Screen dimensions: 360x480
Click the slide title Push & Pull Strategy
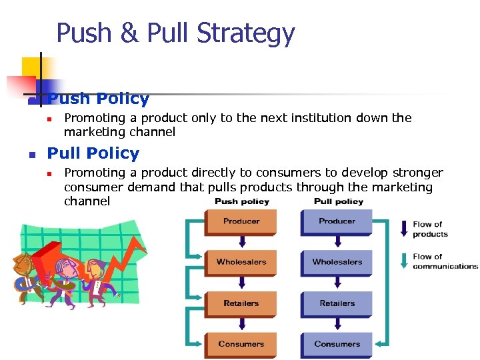click(175, 33)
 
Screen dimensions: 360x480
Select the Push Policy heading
click(99, 99)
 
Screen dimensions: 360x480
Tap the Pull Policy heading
click(93, 153)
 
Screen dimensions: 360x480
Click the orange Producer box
click(241, 222)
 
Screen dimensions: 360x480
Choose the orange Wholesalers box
click(241, 263)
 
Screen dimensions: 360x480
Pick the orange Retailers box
click(241, 304)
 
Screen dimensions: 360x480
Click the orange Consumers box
click(241, 345)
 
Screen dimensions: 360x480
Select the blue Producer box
click(337, 222)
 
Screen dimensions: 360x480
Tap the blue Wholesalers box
click(337, 263)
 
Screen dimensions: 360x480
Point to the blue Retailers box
click(337, 304)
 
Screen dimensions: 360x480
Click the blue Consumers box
click(337, 345)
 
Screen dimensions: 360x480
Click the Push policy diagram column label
click(241, 201)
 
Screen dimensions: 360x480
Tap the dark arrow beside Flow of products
click(403, 228)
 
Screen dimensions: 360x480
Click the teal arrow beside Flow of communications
click(403, 260)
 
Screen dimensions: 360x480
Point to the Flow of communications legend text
click(445, 261)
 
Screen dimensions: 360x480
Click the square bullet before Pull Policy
click(31, 155)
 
